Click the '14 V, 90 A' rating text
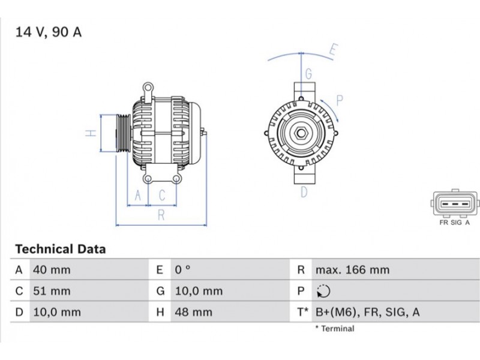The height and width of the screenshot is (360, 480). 49,32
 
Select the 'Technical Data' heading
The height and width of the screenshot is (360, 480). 61,249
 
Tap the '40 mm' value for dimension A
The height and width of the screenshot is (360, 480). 52,270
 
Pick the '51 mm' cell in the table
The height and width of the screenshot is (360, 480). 52,291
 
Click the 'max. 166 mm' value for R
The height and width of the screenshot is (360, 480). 353,270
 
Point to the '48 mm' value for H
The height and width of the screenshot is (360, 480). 193,312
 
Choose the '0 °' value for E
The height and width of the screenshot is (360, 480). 183,270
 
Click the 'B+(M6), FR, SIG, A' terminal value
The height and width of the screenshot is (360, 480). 368,312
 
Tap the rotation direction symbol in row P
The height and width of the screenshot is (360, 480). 323,291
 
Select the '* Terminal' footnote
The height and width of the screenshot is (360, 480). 335,329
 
